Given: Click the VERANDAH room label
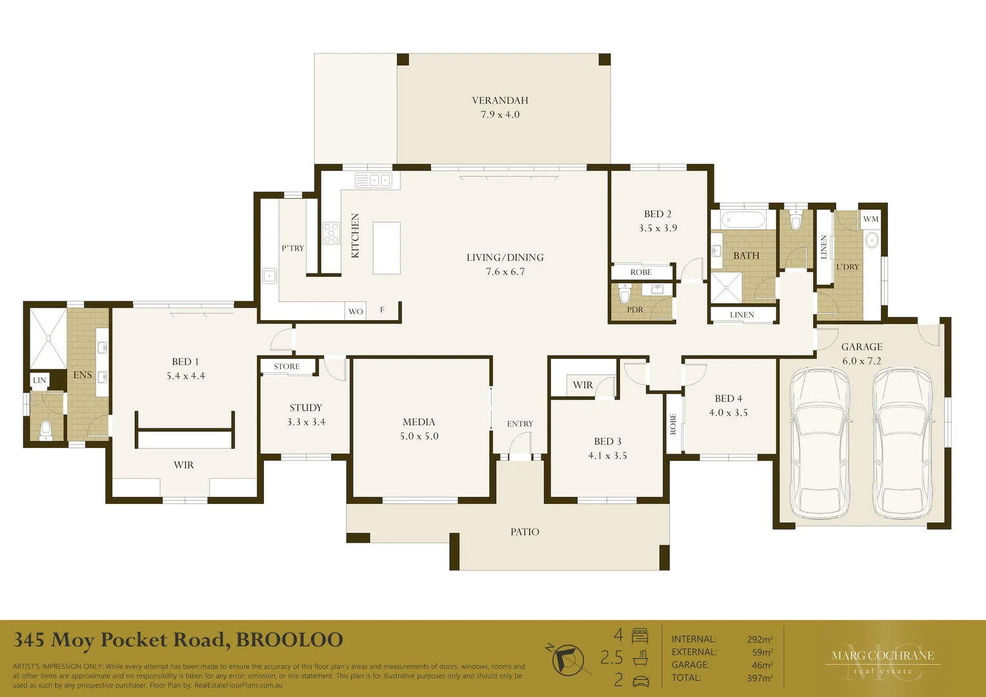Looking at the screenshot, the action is click(500, 101).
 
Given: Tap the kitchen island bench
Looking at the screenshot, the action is click(387, 248).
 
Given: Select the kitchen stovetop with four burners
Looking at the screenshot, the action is click(331, 233).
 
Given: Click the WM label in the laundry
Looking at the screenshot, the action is click(870, 219).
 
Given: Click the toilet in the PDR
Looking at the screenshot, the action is click(625, 294).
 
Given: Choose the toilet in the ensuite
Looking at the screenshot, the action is click(46, 430).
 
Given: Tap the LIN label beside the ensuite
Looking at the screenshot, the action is click(39, 380).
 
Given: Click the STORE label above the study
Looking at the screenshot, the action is click(287, 367).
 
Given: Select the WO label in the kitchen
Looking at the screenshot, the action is click(356, 312).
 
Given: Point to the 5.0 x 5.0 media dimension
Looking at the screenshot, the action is click(419, 436).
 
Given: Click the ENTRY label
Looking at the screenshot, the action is click(520, 423).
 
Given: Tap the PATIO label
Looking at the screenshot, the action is click(525, 532).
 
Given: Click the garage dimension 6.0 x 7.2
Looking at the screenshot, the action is click(862, 361).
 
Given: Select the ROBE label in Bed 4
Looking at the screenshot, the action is click(672, 424).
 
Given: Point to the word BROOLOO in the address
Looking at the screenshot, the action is click(289, 640).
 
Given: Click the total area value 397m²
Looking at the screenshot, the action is click(760, 678).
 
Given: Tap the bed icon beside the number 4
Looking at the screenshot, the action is click(640, 636).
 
